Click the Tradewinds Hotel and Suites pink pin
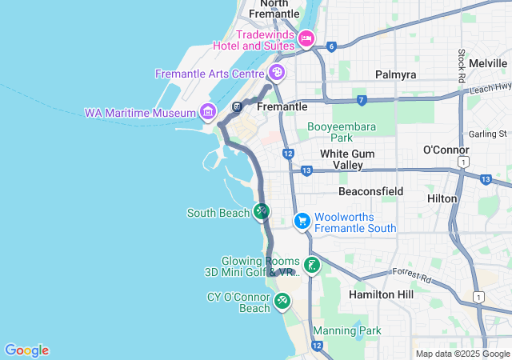(306, 38)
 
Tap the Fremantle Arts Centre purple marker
(277, 74)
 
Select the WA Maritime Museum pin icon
(209, 111)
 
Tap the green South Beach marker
(261, 211)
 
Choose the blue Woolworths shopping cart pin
(302, 220)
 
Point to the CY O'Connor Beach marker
(282, 301)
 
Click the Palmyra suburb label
(396, 74)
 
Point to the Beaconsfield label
(370, 192)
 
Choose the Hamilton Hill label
(382, 294)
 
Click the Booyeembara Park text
(342, 131)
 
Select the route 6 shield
(330, 46)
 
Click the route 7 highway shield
(362, 100)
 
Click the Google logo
(26, 350)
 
